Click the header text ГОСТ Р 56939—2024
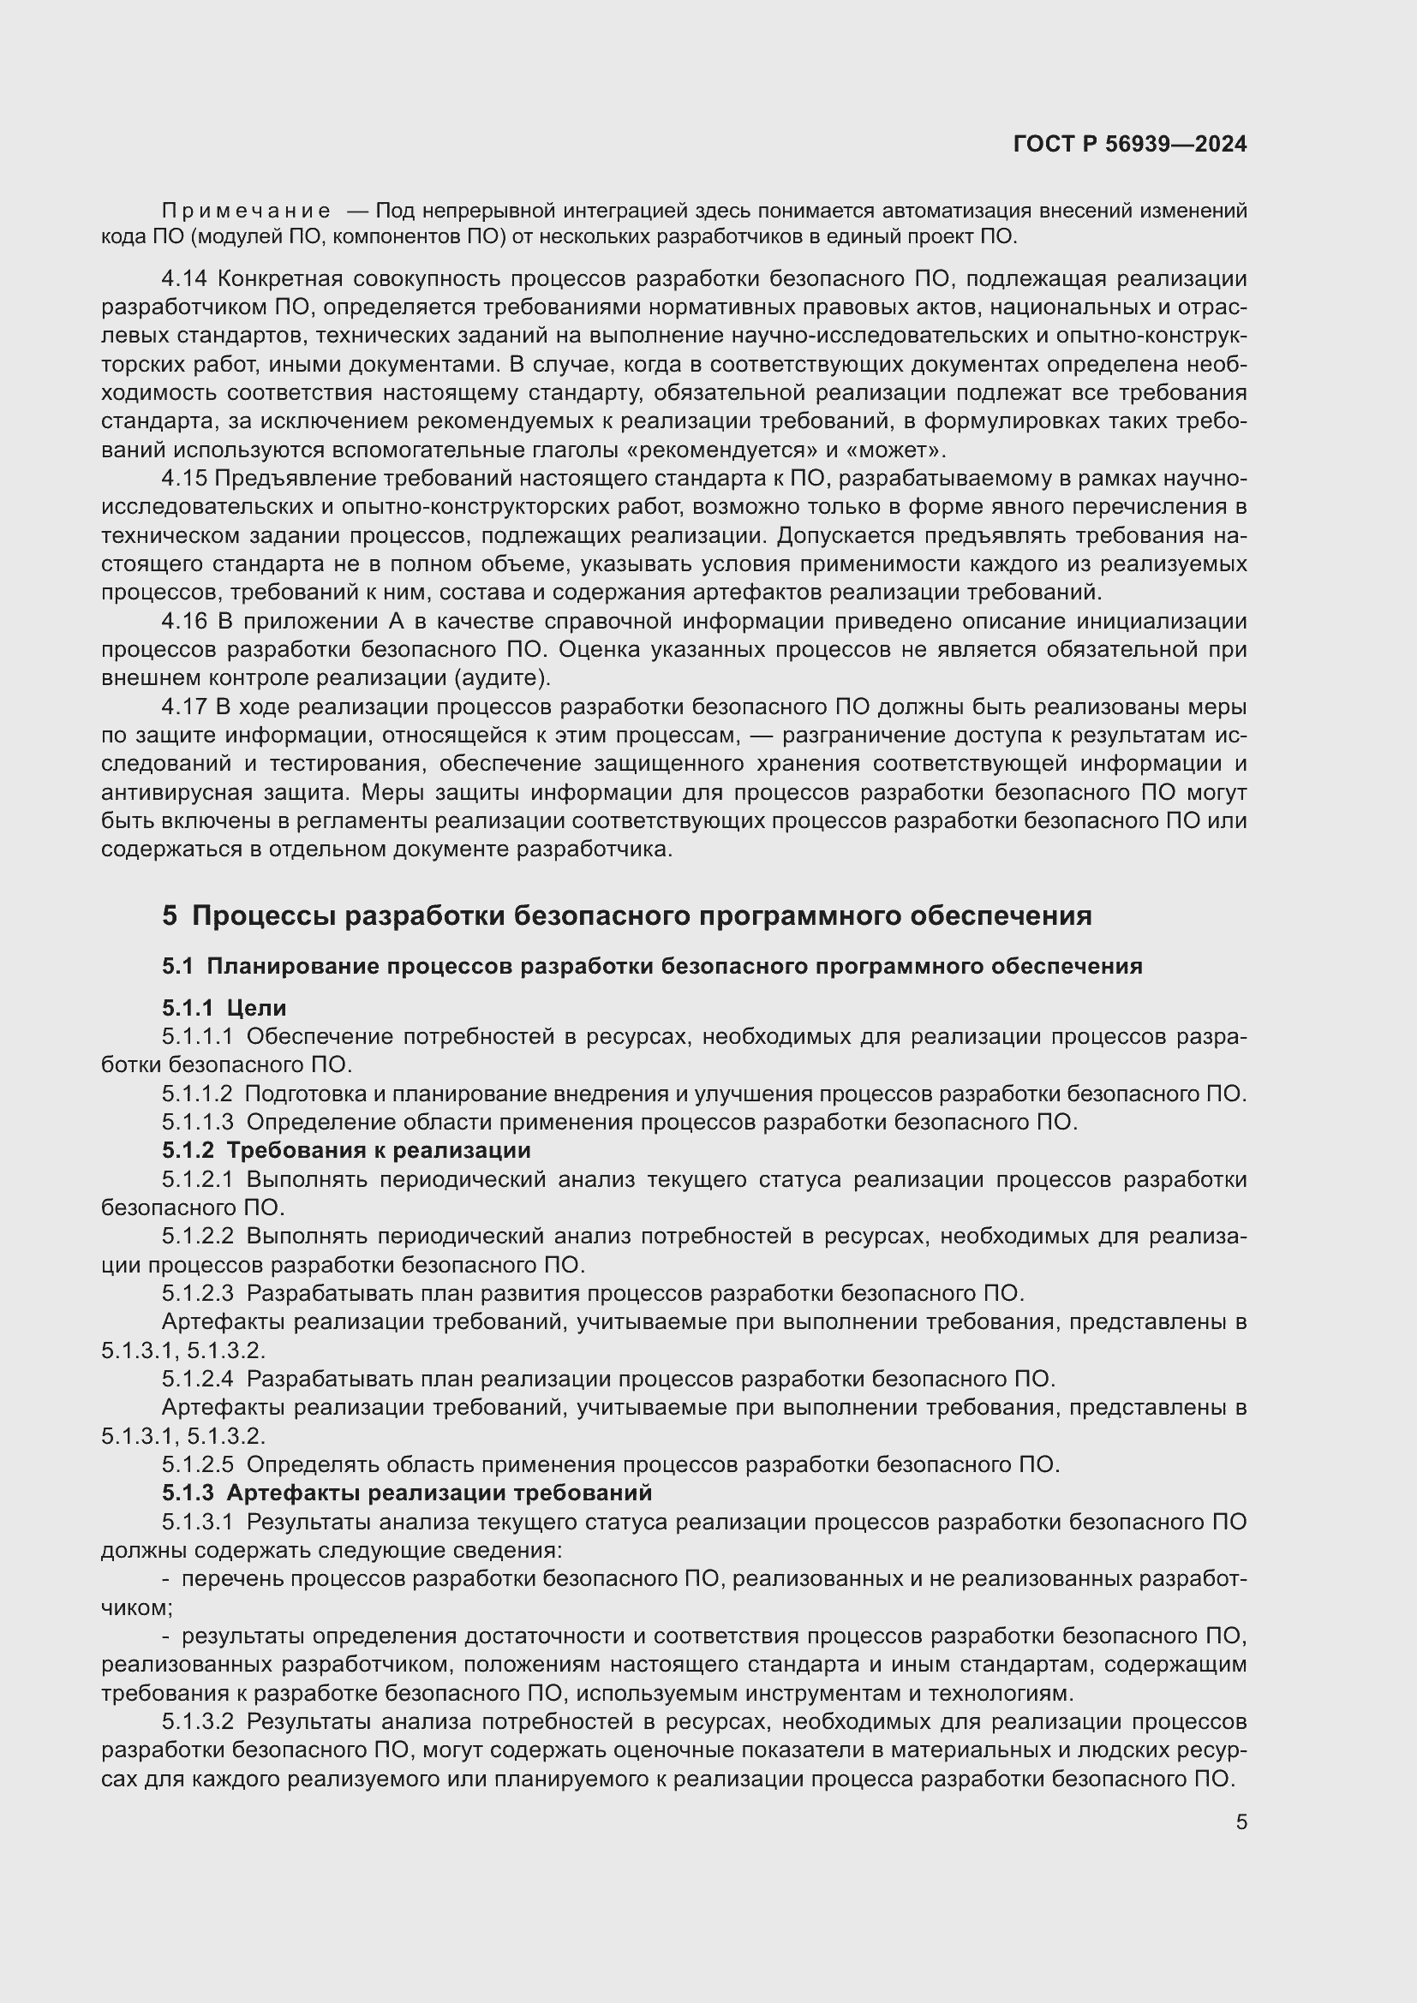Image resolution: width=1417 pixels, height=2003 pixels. point(1130,145)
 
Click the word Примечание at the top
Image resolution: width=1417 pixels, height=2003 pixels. point(246,212)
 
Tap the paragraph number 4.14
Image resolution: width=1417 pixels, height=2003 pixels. point(184,279)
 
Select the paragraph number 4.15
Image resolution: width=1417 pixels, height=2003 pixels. point(184,478)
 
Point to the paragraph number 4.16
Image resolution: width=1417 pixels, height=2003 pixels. point(184,621)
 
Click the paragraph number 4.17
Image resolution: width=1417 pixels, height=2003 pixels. point(184,706)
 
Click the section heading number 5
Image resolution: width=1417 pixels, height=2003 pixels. point(170,916)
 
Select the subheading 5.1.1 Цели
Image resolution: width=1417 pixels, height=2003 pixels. point(224,1008)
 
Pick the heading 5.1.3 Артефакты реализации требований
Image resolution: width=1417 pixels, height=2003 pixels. point(407,1493)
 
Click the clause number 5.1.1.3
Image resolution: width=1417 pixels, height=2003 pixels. point(197,1122)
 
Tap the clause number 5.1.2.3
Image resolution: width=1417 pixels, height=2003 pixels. point(197,1293)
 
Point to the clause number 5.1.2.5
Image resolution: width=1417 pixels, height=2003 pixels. point(197,1464)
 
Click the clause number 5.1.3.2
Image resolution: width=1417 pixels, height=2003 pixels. point(197,1722)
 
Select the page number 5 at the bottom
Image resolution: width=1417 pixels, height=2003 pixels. point(1241,1821)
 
